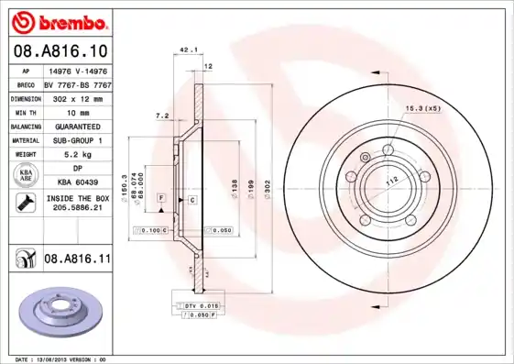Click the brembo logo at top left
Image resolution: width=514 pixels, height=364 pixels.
(60, 20)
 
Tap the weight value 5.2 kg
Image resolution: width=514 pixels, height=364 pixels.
(77, 155)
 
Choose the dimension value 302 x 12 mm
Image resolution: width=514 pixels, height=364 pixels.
(77, 97)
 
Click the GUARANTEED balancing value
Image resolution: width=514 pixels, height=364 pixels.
(77, 126)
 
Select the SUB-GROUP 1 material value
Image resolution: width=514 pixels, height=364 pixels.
(77, 140)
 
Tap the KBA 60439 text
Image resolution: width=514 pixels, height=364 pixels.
(77, 183)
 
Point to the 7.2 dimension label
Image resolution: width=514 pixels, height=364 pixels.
(163, 116)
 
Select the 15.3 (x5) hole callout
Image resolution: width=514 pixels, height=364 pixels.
(423, 109)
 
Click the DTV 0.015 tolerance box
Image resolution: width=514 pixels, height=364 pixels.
(190, 304)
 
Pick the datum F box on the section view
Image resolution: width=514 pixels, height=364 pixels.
(161, 198)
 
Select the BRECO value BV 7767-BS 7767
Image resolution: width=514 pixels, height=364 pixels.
(77, 83)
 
